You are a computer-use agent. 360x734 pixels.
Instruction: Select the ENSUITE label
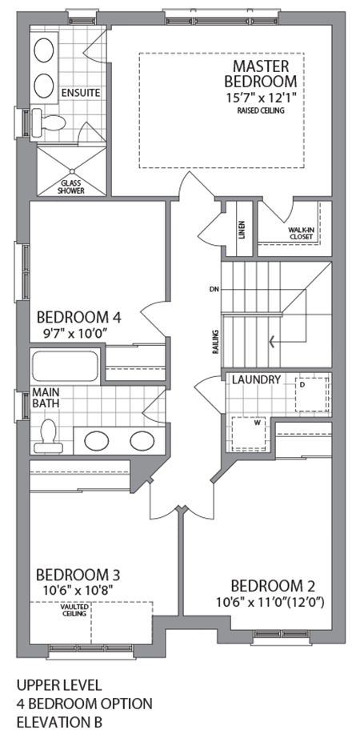tap(81, 93)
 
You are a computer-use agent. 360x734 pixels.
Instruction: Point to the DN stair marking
tap(213, 290)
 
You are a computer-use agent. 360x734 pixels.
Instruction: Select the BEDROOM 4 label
tap(77, 315)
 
